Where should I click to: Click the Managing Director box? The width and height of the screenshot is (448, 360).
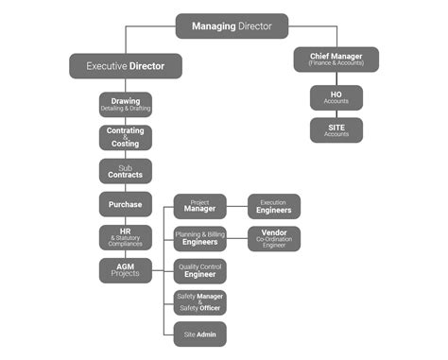pyautogui.click(x=232, y=26)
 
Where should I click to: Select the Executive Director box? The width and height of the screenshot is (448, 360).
pyautogui.click(x=125, y=66)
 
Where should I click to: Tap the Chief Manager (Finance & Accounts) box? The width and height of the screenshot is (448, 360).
pyautogui.click(x=336, y=60)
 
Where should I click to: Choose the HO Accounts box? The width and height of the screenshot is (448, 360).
pyautogui.click(x=336, y=97)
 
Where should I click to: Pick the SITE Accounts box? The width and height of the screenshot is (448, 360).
pyautogui.click(x=336, y=130)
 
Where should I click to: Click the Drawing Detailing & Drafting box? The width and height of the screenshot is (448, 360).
pyautogui.click(x=126, y=104)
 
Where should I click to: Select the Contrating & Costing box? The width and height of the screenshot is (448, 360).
pyautogui.click(x=126, y=138)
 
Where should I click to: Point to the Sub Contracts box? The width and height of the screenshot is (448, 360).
pyautogui.click(x=126, y=171)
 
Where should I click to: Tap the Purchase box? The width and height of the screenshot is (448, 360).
pyautogui.click(x=126, y=204)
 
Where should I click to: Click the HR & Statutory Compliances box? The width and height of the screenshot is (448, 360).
pyautogui.click(x=126, y=237)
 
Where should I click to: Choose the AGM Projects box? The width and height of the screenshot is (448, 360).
pyautogui.click(x=126, y=270)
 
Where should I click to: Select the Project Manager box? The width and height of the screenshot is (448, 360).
pyautogui.click(x=199, y=206)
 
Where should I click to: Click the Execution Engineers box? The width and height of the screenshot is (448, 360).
pyautogui.click(x=274, y=206)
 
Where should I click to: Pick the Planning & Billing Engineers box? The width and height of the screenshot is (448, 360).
pyautogui.click(x=199, y=238)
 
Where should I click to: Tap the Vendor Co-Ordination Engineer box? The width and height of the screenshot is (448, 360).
pyautogui.click(x=274, y=238)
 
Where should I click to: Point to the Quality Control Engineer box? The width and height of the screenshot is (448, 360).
pyautogui.click(x=199, y=271)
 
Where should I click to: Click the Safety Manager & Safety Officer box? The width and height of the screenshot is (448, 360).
pyautogui.click(x=199, y=302)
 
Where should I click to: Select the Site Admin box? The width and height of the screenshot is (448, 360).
pyautogui.click(x=199, y=334)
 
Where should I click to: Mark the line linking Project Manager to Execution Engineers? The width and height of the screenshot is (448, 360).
pyautogui.click(x=237, y=206)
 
